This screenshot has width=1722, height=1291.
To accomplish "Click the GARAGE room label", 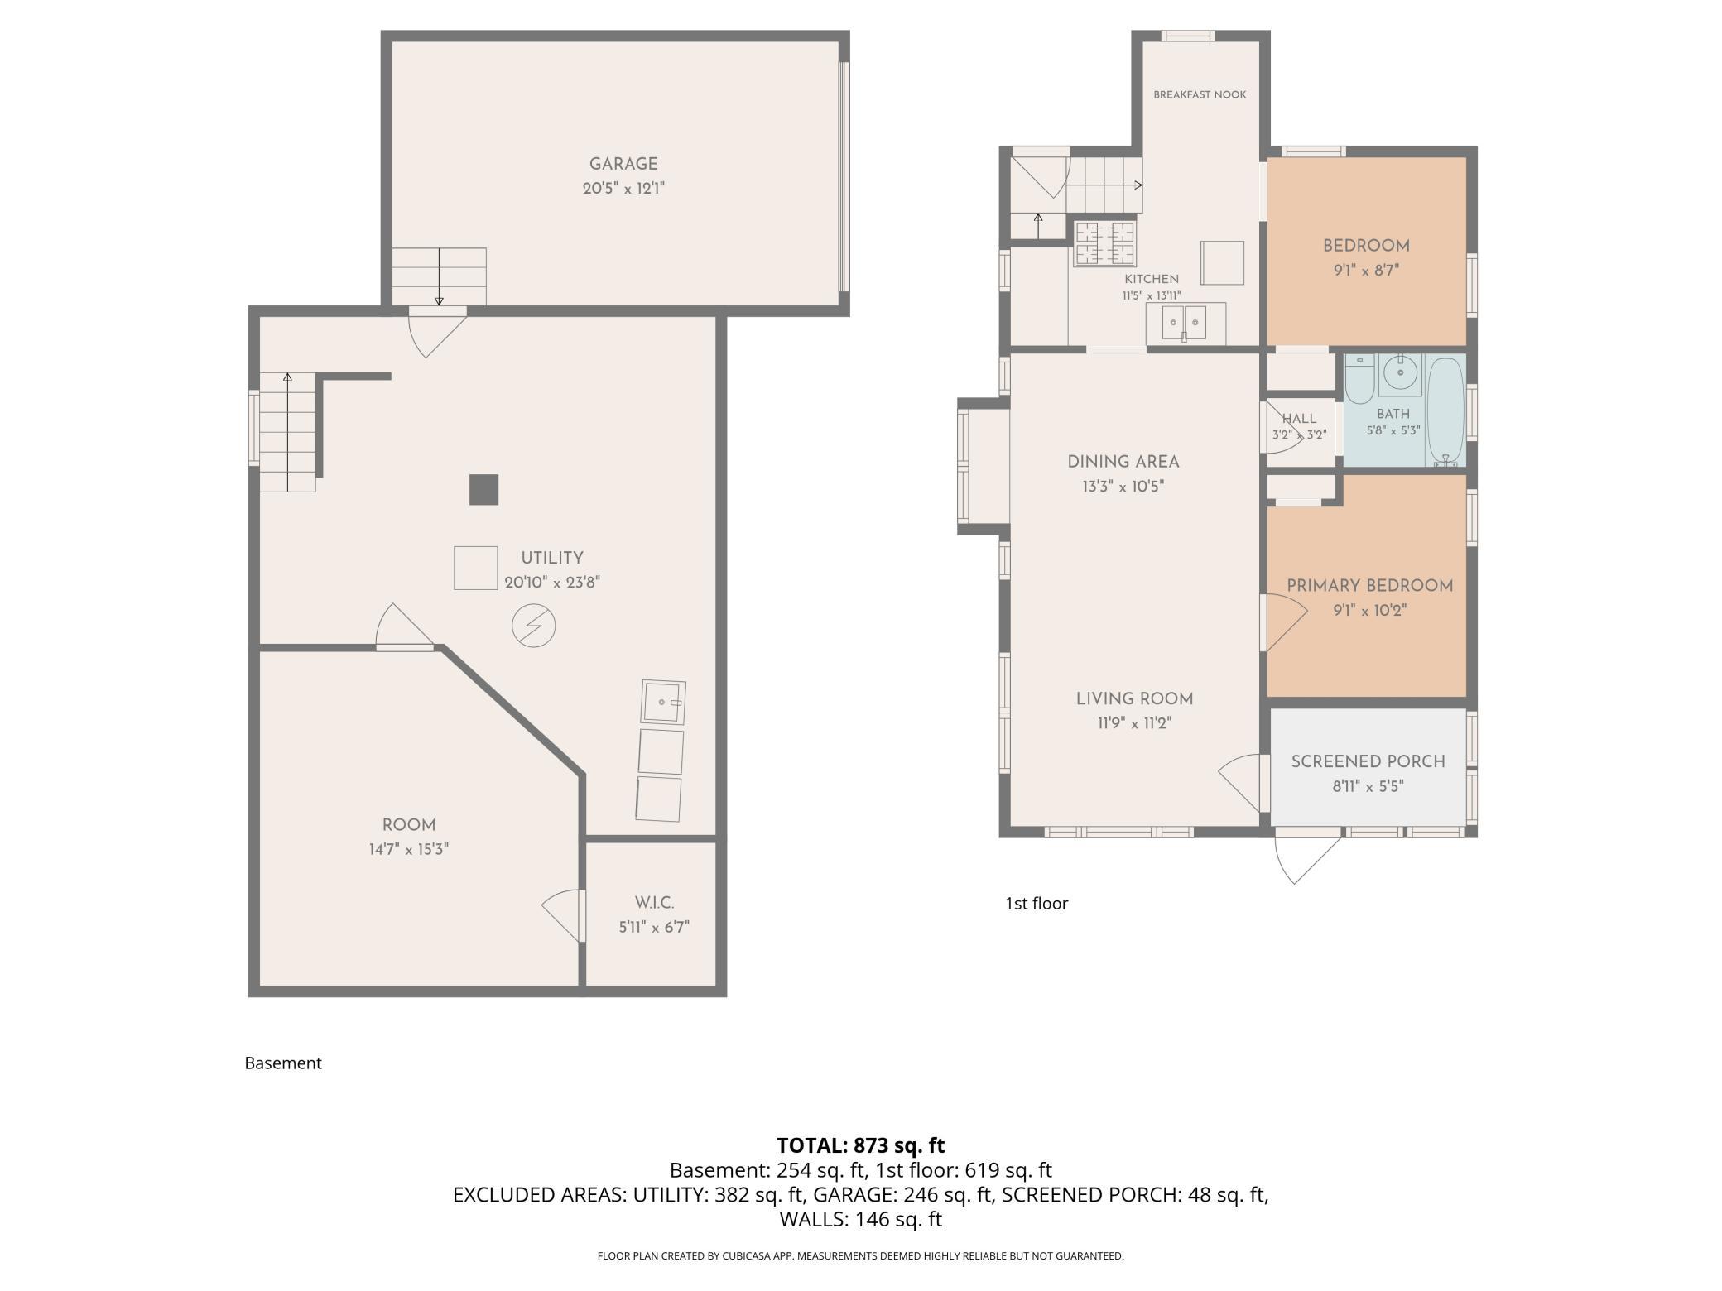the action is coord(623,164).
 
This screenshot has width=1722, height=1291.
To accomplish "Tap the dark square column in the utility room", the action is coord(484,490).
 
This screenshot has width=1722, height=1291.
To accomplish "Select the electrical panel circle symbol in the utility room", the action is coord(534,626).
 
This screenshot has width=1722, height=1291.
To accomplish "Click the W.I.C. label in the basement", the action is coord(654,903).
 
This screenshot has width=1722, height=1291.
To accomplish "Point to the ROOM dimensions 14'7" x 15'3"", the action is coord(409,849).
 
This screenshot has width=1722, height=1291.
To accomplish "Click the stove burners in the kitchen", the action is coord(1104,243).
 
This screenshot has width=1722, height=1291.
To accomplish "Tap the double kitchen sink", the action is coord(1186,323).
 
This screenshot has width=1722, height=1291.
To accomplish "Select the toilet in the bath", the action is coord(1359,378).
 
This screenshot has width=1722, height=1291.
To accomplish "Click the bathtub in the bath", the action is coord(1445,411).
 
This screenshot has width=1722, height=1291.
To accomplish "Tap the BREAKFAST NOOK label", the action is coord(1200,94).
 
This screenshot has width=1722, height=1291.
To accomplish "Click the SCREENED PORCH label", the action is coord(1368,761).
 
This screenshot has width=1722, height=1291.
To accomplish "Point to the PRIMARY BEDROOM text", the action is coord(1369,586).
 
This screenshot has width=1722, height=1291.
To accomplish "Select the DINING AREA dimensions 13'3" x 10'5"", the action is coord(1123,487).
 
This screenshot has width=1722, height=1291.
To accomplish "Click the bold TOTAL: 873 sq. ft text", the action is coord(860,1145).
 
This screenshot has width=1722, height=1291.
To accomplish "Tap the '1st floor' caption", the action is coord(1037,904).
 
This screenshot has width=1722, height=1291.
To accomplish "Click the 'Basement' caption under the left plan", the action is coord(283,1063).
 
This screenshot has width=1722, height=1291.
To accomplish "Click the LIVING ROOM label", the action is coord(1134,699).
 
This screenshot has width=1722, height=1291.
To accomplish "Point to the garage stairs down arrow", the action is coord(439,277).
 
